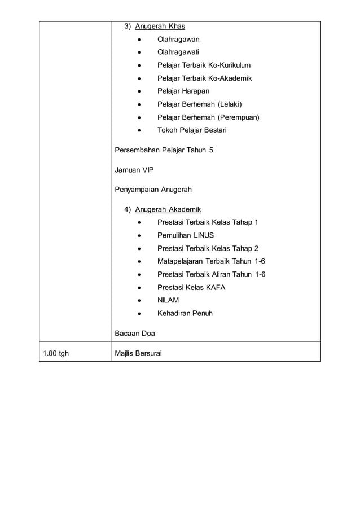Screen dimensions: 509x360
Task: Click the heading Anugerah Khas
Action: point(160,27)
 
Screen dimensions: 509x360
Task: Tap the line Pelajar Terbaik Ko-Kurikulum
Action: point(204,65)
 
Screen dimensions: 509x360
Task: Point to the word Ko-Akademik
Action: point(229,78)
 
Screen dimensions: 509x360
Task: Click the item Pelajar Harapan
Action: point(183,91)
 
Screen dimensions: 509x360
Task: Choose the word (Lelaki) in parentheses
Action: point(226,104)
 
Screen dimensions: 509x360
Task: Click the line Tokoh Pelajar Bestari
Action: point(192,130)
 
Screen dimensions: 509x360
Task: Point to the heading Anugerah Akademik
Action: point(168,209)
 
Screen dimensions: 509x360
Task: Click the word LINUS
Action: point(204,235)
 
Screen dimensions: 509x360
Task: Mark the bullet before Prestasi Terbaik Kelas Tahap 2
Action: point(139,248)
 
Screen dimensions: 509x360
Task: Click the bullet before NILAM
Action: point(139,300)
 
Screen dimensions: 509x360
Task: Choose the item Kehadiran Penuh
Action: point(185,313)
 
